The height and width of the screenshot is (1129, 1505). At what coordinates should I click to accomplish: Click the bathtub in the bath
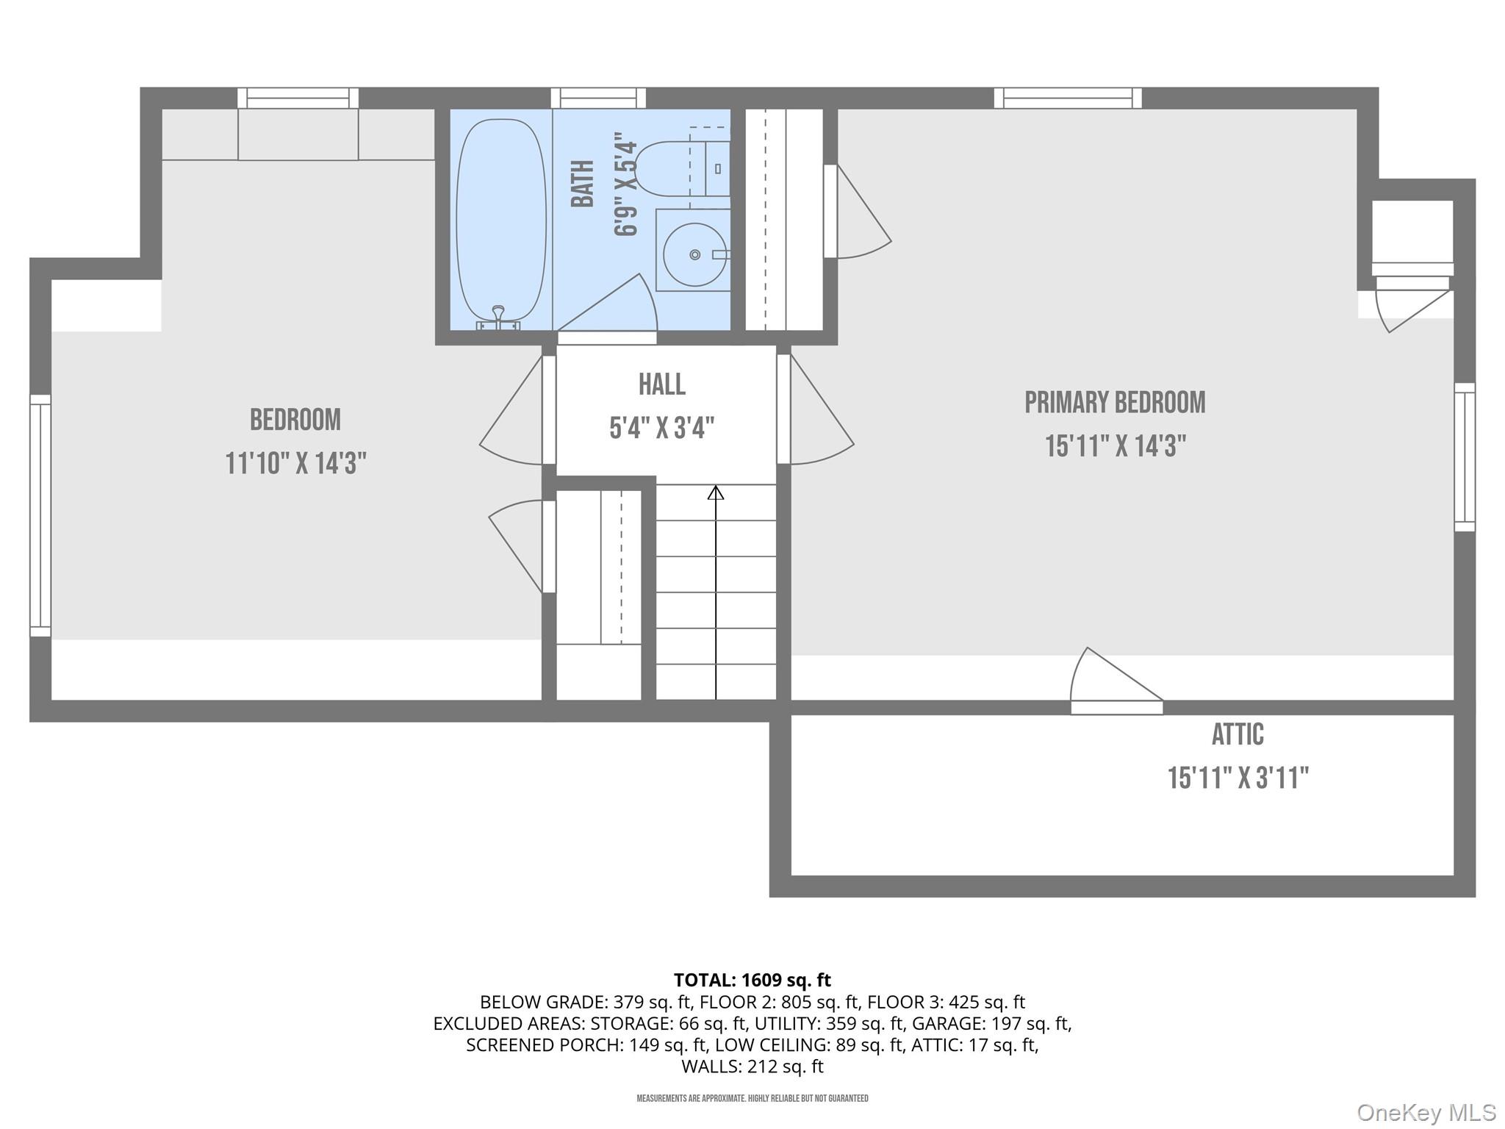click(x=501, y=221)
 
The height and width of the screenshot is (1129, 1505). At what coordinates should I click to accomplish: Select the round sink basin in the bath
click(x=694, y=254)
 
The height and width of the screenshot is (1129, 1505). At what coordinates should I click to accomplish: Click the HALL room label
click(x=661, y=384)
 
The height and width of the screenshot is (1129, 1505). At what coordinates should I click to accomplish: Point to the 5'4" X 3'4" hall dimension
click(x=661, y=428)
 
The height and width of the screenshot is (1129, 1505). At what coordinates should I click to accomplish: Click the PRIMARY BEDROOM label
click(x=1115, y=403)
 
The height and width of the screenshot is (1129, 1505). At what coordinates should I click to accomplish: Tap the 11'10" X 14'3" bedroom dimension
click(x=295, y=464)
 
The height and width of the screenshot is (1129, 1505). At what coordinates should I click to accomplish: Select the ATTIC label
click(x=1238, y=734)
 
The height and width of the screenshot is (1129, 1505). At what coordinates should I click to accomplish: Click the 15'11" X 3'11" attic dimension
click(x=1238, y=778)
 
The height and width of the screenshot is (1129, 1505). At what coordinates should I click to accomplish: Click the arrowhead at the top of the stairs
click(x=715, y=492)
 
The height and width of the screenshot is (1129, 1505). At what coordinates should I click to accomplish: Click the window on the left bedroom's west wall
click(x=40, y=515)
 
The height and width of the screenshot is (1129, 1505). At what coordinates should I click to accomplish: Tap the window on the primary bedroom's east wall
click(x=1464, y=456)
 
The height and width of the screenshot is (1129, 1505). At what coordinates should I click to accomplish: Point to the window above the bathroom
click(x=598, y=98)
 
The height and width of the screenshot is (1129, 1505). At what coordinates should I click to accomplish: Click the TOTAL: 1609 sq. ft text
click(x=752, y=980)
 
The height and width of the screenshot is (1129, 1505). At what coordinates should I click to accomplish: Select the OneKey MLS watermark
click(x=1426, y=1113)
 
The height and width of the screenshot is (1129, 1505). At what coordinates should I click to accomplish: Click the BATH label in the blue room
click(x=583, y=184)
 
